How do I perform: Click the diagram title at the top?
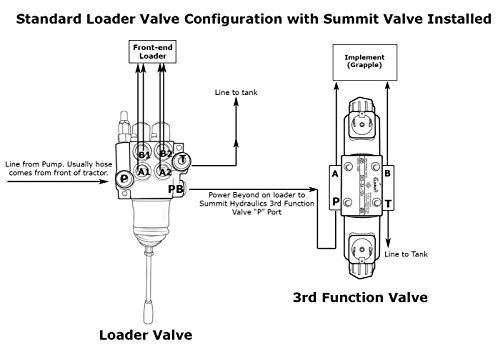[250, 14]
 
